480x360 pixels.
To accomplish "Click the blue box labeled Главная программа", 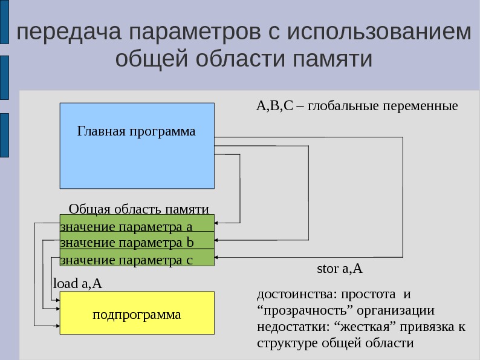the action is [x=137, y=145].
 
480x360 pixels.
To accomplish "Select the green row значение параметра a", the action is [x=137, y=227].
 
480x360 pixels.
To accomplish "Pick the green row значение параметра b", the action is [x=137, y=243].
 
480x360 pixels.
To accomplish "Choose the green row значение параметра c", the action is [x=137, y=260].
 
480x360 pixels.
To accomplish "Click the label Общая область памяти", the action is [x=138, y=209].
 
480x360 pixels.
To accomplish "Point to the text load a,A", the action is [x=77, y=283].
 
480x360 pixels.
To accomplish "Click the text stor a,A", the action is [x=339, y=268].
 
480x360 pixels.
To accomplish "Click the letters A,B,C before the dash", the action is [x=274, y=106].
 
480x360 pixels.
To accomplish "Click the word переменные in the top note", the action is [x=423, y=106].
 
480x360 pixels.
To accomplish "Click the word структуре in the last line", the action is [x=285, y=343].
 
